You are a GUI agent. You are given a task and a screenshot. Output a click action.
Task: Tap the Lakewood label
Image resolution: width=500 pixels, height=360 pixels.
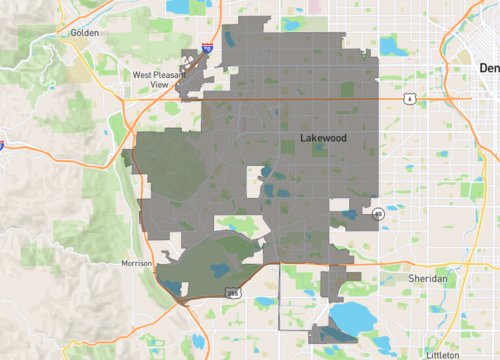pos(323,139)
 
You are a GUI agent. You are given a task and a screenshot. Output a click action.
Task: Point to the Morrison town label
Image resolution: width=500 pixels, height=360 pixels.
pos(135,263)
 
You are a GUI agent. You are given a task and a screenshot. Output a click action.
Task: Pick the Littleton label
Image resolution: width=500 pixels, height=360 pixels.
pos(442,354)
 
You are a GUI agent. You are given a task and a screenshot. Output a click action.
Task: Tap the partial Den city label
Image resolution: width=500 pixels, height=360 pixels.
pos(488,68)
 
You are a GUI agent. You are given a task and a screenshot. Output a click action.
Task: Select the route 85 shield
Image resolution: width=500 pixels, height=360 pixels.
pos(378,214)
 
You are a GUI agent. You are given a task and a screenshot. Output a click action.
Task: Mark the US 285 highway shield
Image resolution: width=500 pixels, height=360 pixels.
pos(233,293)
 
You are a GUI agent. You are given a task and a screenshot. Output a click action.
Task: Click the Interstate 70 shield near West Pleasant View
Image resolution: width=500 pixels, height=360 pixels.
pos(206,47)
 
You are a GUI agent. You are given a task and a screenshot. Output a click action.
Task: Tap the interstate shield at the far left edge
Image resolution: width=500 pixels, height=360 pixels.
pos(3,145)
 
